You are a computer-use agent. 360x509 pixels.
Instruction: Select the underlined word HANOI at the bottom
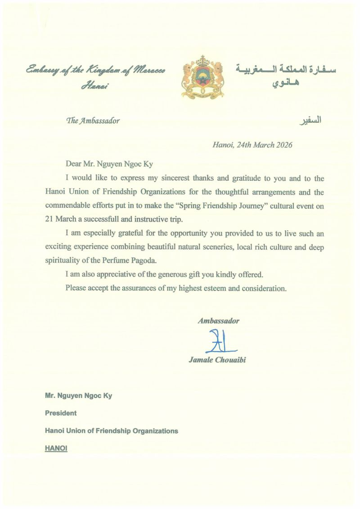[x=56, y=448]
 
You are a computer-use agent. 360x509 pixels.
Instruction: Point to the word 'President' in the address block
[x=61, y=413]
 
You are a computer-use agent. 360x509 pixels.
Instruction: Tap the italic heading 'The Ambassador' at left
[x=93, y=121]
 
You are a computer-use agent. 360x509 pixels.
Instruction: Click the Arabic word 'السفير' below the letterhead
[x=310, y=121]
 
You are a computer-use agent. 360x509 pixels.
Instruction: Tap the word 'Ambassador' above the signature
[x=218, y=321]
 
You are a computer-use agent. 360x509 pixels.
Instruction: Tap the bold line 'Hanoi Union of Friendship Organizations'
[x=111, y=431]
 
